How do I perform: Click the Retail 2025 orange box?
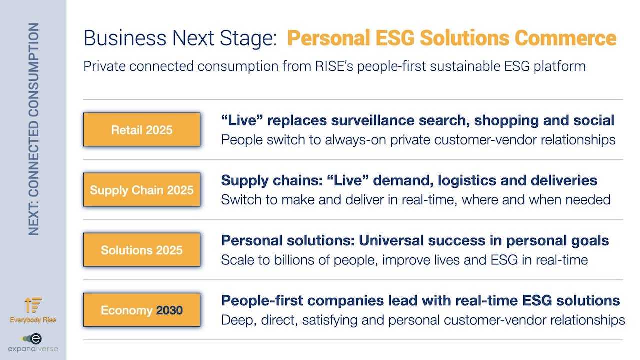coord(141,129)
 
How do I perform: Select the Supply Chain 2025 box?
coord(141,189)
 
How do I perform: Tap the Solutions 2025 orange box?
coord(141,250)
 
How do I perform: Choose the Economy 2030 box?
coord(141,310)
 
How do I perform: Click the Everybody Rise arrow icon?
coord(33,305)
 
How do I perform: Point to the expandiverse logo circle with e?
coord(36,339)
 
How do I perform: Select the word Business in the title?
coord(125,38)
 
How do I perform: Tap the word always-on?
coord(355,140)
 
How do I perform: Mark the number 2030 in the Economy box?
coord(169,310)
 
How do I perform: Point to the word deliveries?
coord(564,180)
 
